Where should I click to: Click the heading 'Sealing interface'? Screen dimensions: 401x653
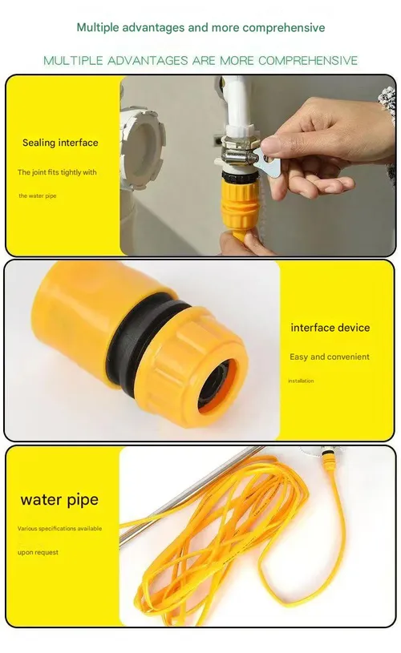coord(60,143)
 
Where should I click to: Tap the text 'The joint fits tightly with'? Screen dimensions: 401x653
coord(57,172)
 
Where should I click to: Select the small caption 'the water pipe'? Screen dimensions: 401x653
coord(37,195)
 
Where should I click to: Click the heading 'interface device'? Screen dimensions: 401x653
coord(330,328)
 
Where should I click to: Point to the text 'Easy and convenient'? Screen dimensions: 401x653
coord(330,357)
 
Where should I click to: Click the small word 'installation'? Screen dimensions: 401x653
coord(301,381)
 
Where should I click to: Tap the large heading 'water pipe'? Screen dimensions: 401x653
coord(59,500)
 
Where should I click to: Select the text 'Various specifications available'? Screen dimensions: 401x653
coord(59,529)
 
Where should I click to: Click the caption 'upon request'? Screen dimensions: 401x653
coord(38,553)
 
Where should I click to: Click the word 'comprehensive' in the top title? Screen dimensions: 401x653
coord(284,28)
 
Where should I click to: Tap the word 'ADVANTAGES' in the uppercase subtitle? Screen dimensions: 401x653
coord(148,61)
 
